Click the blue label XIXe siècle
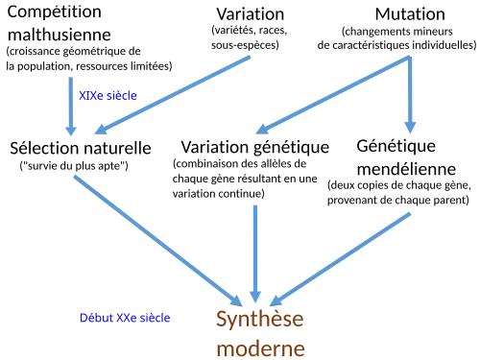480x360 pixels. [x=108, y=96]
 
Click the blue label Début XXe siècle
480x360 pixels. [x=125, y=317]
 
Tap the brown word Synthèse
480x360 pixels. [x=259, y=320]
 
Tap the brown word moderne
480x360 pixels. [x=259, y=348]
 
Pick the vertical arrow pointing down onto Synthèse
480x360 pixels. [x=254, y=250]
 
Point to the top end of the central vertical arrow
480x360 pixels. [x=254, y=203]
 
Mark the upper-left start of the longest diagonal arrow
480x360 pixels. [x=72, y=174]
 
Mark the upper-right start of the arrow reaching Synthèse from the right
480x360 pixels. [x=412, y=211]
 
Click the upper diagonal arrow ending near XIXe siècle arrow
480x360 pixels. [x=173, y=95]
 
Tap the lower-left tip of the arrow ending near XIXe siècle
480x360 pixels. [x=95, y=132]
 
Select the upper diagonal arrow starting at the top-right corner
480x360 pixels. [x=331, y=95]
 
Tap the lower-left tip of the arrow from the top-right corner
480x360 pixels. [x=256, y=132]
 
